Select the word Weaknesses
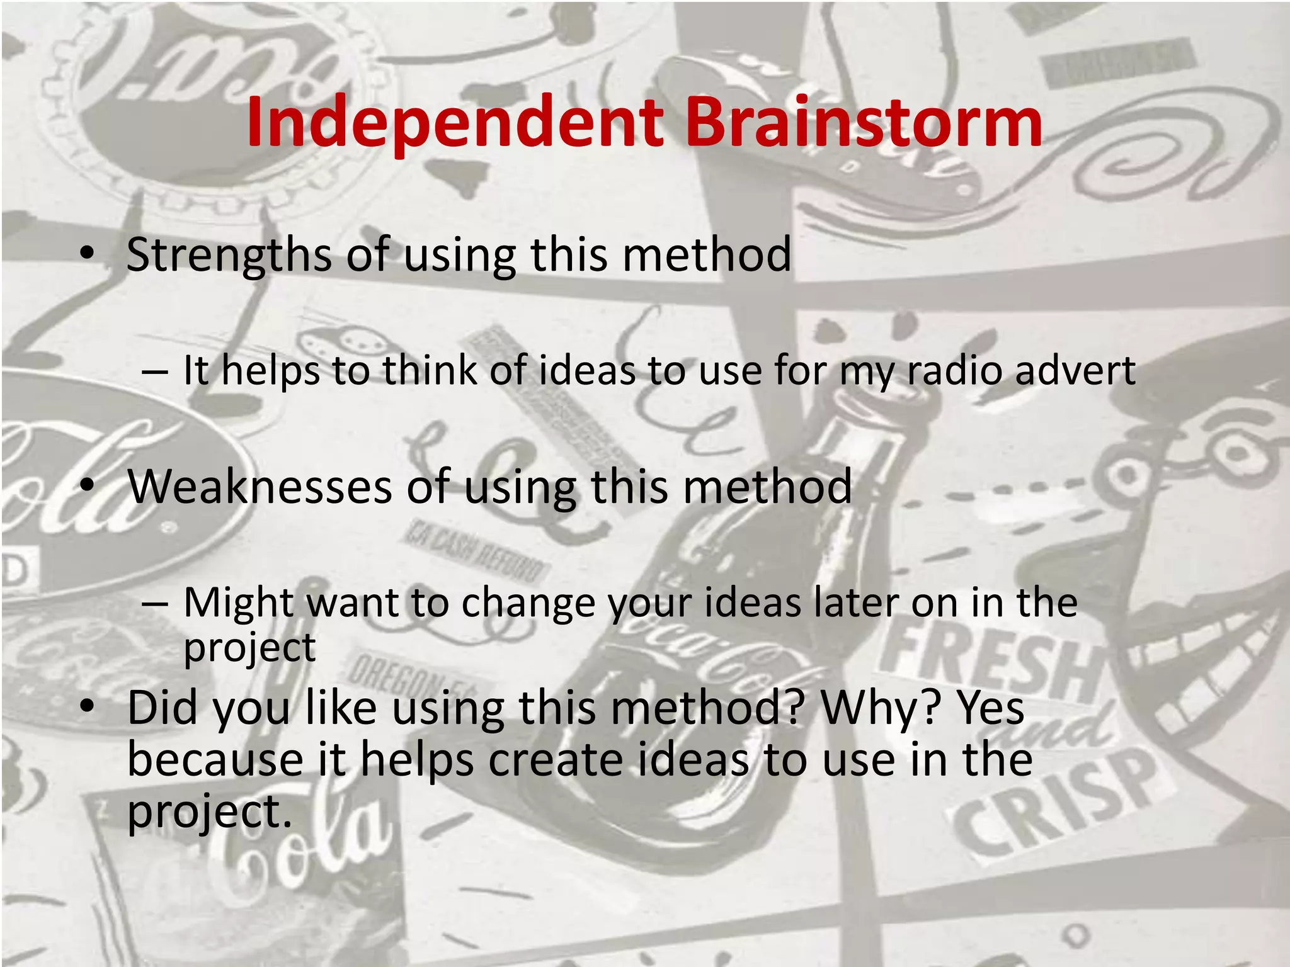point(260,487)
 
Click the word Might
point(238,603)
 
